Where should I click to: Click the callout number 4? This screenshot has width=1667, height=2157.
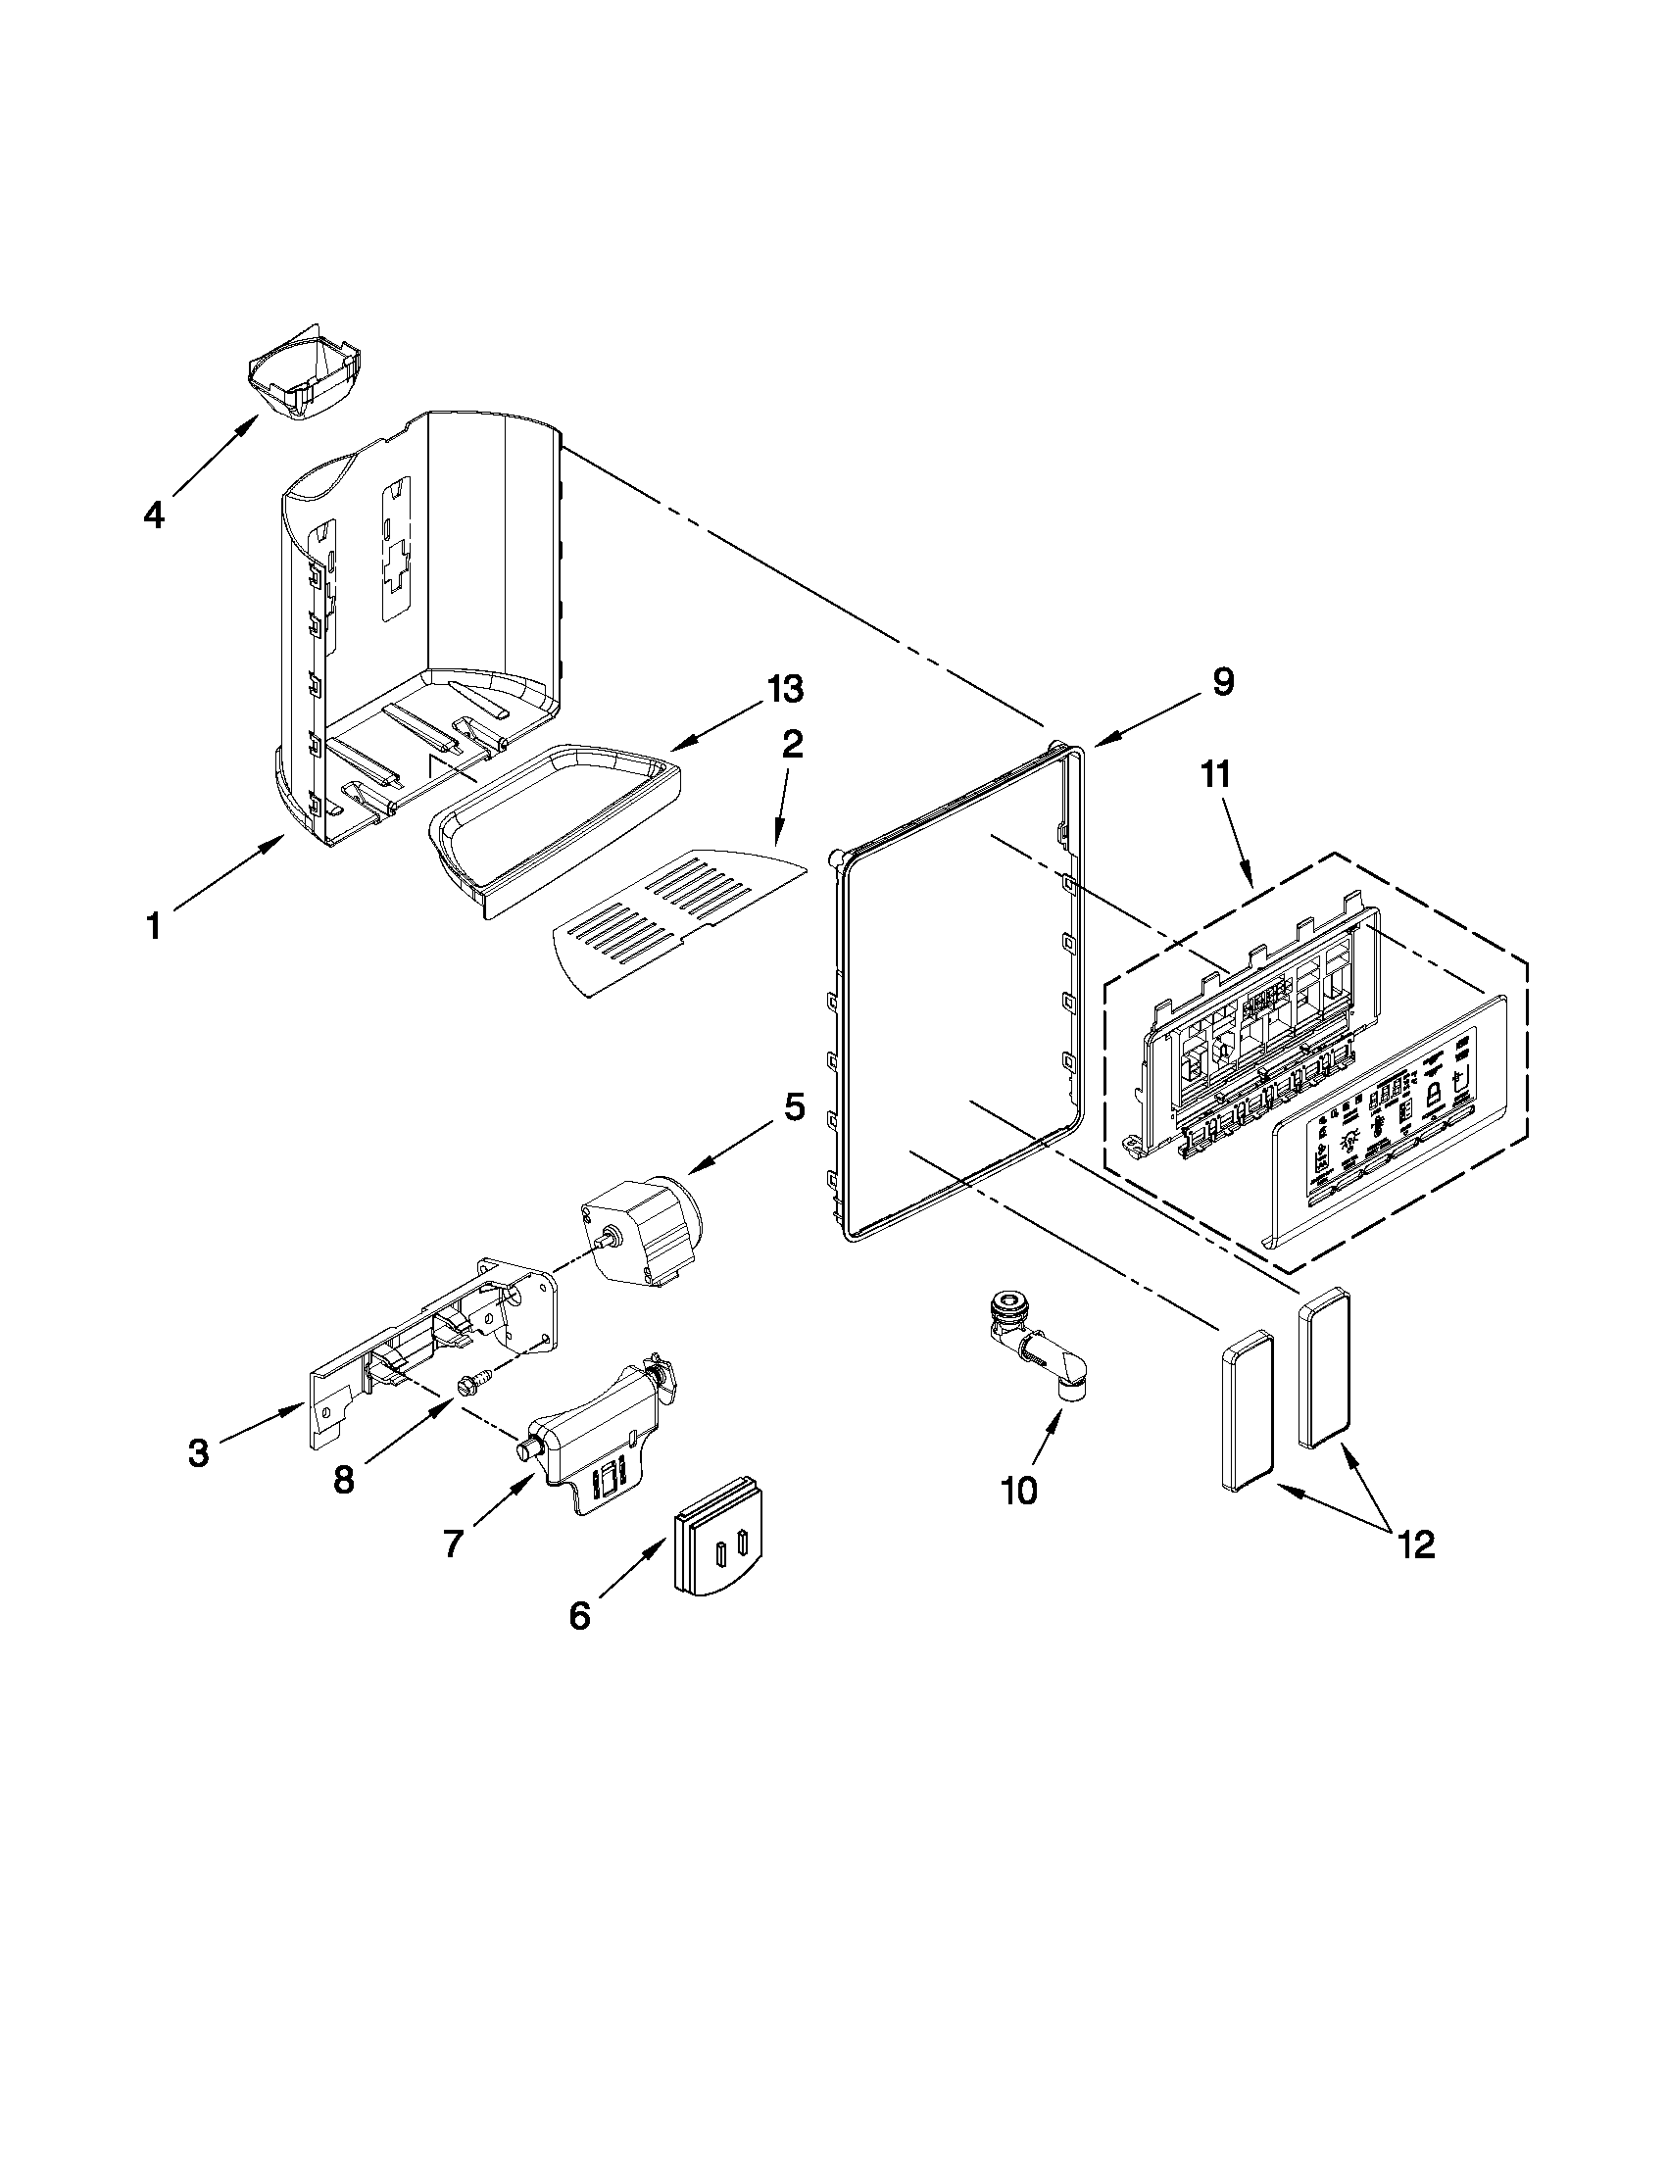154,515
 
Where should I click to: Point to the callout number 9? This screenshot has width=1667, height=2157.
1223,682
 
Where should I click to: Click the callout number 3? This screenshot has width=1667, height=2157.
199,1452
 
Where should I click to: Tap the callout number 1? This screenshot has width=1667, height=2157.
153,927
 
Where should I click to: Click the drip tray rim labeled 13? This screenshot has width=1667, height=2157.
554,818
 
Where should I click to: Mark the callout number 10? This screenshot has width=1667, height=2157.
1019,1491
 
